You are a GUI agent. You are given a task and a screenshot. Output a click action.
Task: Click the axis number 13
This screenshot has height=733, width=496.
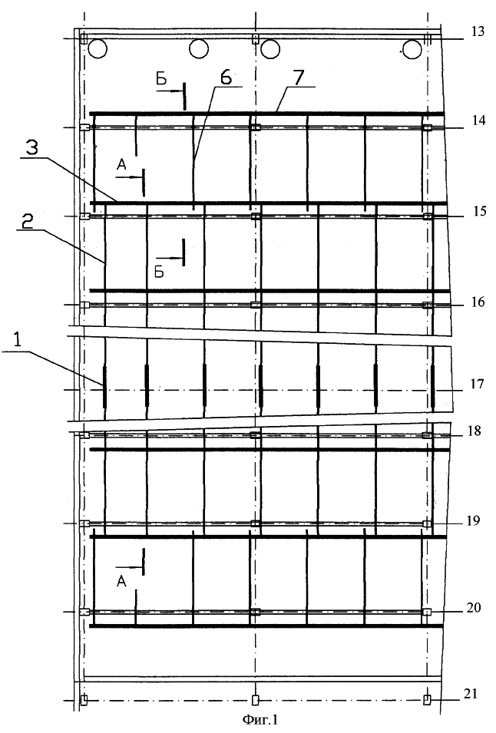tap(478, 32)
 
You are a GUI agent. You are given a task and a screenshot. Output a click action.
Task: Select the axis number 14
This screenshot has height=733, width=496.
tap(478, 121)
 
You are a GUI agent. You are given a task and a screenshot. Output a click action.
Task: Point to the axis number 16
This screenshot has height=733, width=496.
tap(478, 302)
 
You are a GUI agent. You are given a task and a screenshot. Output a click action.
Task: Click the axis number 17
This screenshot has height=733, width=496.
tap(478, 384)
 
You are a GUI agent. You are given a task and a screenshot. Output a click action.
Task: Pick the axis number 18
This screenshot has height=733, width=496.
tap(475, 431)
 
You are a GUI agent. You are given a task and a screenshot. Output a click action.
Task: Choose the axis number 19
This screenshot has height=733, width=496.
tap(474, 520)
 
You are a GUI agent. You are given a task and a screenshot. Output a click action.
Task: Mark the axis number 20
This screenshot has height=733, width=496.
tap(474, 607)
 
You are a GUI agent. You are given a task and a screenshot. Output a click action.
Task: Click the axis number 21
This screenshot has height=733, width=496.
tap(471, 694)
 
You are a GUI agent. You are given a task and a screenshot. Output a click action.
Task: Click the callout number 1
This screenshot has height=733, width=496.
tap(18, 340)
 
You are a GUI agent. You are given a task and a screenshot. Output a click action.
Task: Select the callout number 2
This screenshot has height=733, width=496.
tap(28, 222)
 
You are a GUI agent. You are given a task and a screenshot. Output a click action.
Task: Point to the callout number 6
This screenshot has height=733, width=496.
tap(226, 78)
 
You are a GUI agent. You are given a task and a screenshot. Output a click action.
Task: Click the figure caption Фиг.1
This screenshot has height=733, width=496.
tap(260, 719)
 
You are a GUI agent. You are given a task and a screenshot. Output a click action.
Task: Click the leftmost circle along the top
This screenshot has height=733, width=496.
tap(97, 48)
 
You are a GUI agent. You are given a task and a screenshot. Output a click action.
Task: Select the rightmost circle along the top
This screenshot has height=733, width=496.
tap(412, 49)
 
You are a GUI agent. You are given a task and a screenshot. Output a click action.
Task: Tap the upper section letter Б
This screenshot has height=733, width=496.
tap(160, 79)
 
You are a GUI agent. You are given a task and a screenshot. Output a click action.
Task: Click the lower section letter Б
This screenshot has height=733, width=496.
tap(160, 272)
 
